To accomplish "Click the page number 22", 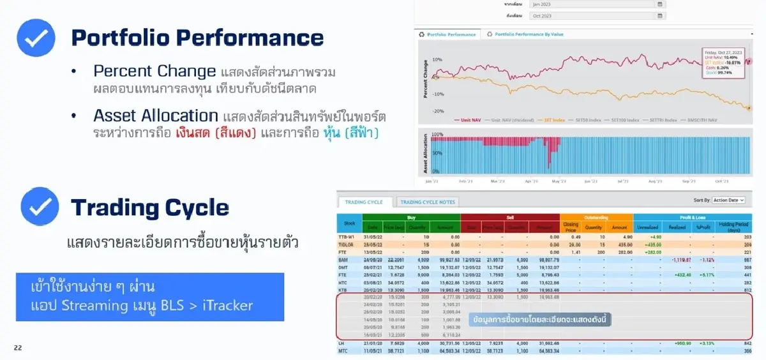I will [x=17, y=348].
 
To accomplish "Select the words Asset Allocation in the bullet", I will [x=156, y=116].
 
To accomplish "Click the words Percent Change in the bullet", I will [x=154, y=71].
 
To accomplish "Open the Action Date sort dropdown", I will [x=728, y=200].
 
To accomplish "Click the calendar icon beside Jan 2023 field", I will [x=659, y=4].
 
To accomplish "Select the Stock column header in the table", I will [x=349, y=224].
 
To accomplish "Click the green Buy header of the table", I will [x=410, y=217].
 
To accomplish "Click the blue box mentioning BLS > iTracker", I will [x=150, y=297].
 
